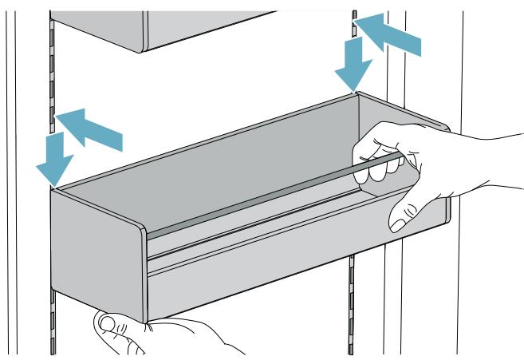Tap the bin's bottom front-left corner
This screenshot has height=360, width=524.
[x=148, y=319]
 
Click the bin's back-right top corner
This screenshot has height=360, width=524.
[x=358, y=94]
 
